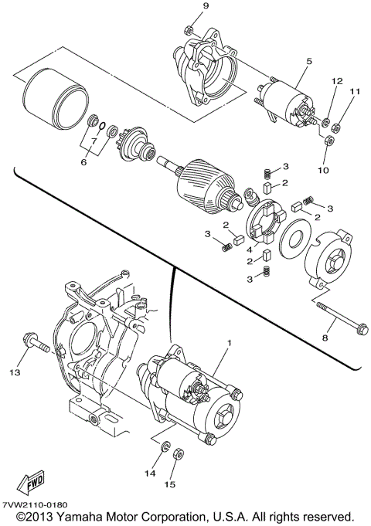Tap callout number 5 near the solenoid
(308, 59)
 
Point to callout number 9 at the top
(185, 7)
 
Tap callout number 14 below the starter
(150, 473)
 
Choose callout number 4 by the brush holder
(250, 250)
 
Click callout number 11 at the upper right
(356, 92)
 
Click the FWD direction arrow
(36, 483)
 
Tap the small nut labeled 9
(189, 30)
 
